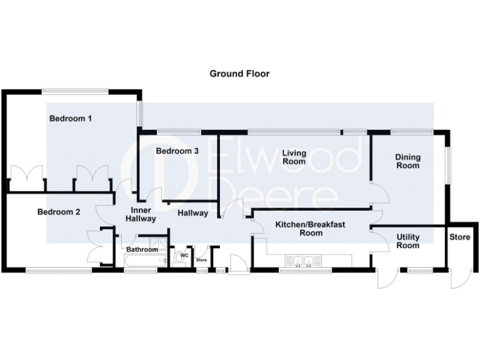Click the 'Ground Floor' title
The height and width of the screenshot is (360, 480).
(x=239, y=74)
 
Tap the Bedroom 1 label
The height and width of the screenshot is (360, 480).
(x=71, y=118)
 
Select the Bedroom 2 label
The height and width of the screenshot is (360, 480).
(x=59, y=212)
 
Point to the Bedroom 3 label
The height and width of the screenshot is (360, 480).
(x=177, y=151)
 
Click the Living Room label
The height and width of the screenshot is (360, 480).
(x=294, y=157)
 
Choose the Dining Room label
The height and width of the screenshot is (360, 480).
(x=407, y=161)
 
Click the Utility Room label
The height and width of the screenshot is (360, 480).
(x=407, y=241)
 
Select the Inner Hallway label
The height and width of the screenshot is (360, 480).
(x=141, y=214)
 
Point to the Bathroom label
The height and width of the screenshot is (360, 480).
(x=142, y=250)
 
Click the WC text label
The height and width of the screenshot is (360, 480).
(x=184, y=255)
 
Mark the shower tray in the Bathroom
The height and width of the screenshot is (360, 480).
(x=157, y=244)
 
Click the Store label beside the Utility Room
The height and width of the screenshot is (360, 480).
(x=460, y=237)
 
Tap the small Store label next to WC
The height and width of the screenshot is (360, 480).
(x=201, y=260)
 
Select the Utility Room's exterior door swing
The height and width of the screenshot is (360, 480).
(x=387, y=279)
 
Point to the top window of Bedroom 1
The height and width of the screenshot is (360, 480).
(x=76, y=92)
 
